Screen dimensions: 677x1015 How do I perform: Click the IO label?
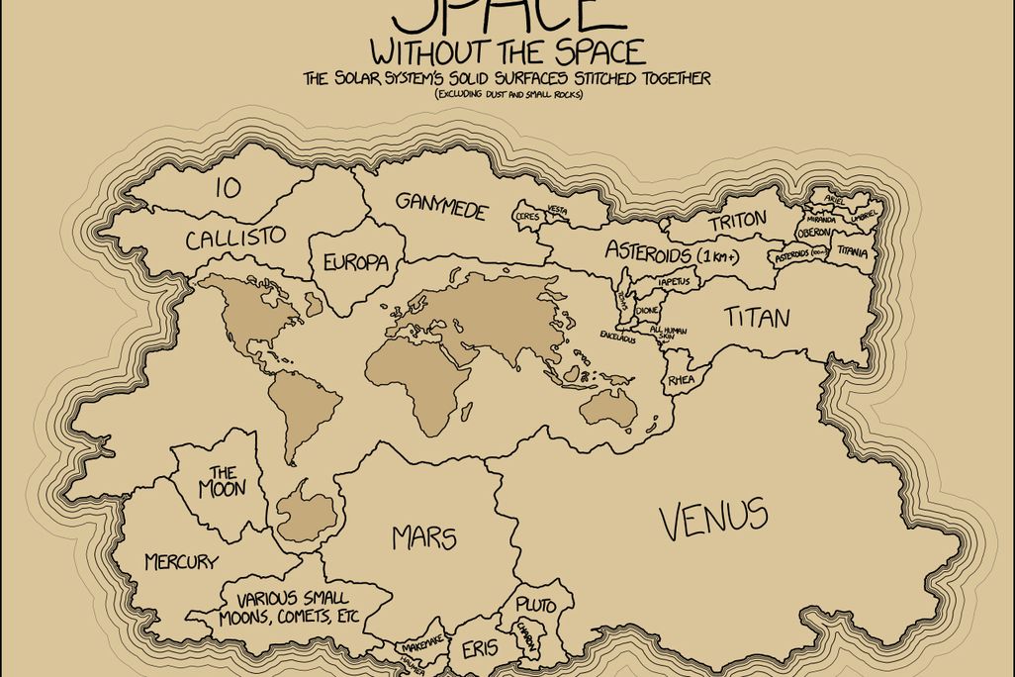[x=228, y=188]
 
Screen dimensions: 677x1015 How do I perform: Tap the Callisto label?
[x=235, y=238]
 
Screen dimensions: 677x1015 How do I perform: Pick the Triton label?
[x=737, y=223]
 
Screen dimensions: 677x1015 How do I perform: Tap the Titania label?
[x=852, y=252]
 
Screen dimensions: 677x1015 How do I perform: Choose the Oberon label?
[x=814, y=232]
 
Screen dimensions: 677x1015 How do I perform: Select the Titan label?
[x=756, y=318]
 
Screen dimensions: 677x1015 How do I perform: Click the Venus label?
[x=713, y=518]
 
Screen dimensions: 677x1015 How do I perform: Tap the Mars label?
[x=423, y=537]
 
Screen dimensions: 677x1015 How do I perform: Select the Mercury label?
[x=181, y=562]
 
